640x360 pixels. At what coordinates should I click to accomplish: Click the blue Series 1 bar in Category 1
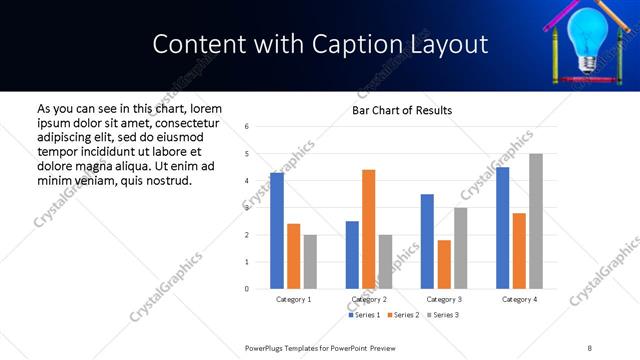point(277,231)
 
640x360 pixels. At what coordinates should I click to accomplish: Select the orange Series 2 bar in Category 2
point(368,229)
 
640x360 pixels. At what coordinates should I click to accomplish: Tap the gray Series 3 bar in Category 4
point(536,221)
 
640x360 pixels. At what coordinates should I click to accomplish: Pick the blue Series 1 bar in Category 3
point(427,241)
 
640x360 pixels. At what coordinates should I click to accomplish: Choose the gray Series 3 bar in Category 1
point(310,262)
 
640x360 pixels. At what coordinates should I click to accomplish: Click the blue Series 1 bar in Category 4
point(502,228)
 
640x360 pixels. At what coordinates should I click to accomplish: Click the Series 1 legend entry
point(364,315)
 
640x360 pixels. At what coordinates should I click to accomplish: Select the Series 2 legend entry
point(401,315)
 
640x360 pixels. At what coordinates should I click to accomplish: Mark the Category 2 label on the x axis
point(368,299)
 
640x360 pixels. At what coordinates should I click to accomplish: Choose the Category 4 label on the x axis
point(519,299)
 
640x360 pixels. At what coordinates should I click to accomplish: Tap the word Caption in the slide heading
point(360,45)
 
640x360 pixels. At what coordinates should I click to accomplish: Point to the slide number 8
point(589,348)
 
